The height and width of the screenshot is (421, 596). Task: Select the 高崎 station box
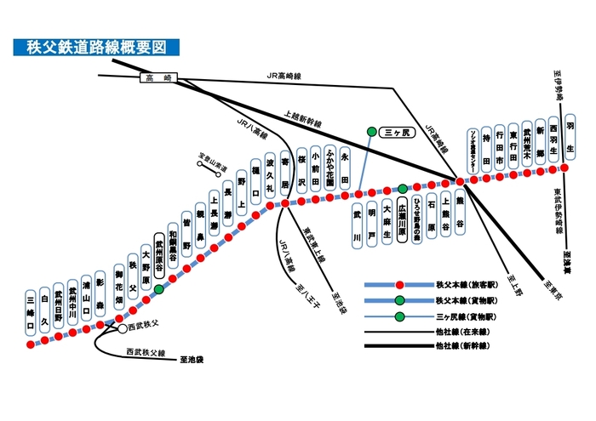point(158,78)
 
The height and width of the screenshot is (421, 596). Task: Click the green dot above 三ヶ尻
point(371,131)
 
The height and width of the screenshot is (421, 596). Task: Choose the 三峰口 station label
point(30,310)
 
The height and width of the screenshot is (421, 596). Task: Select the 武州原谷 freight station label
point(158,253)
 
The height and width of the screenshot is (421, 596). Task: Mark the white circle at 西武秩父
point(122,327)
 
